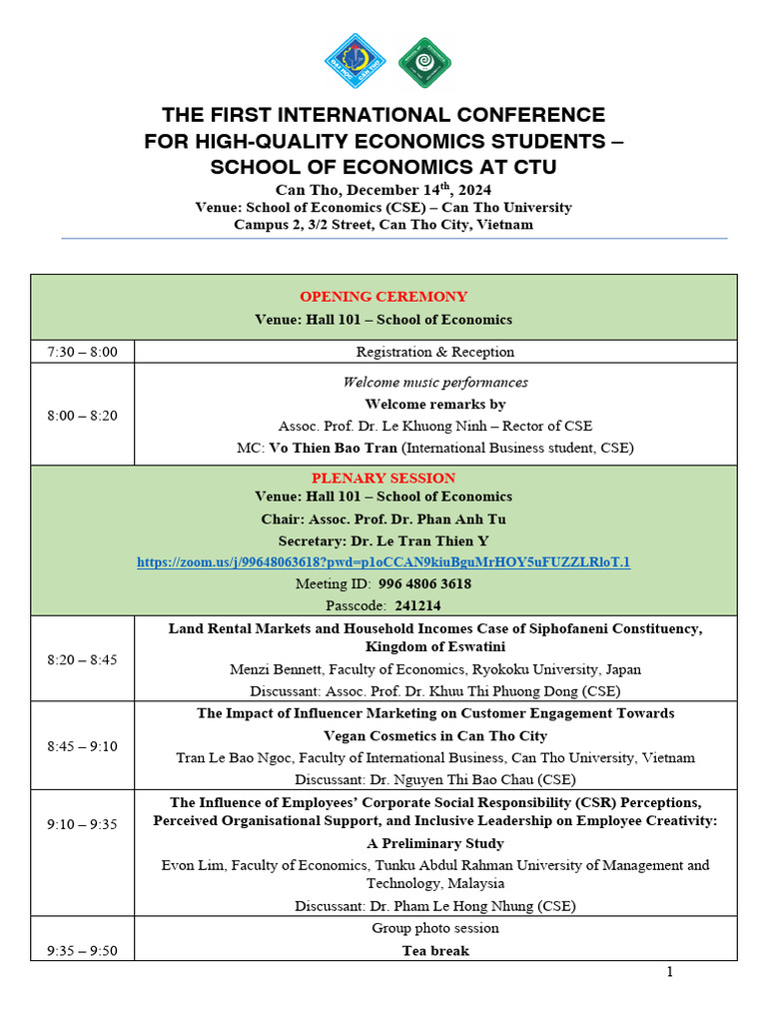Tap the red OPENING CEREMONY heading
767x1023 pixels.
click(383, 297)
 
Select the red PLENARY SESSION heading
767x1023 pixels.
click(383, 479)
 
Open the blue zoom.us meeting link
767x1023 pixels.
click(383, 562)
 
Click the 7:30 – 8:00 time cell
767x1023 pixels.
click(82, 352)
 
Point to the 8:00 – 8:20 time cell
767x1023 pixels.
click(82, 416)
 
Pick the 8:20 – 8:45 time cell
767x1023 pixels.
click(82, 659)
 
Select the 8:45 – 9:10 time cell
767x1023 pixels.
click(82, 745)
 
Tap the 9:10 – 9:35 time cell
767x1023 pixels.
click(82, 824)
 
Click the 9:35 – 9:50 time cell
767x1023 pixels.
click(82, 950)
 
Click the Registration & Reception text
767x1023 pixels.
click(435, 352)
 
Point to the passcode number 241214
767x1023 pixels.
click(417, 605)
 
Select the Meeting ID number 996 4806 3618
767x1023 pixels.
click(425, 583)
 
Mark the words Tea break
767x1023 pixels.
click(435, 950)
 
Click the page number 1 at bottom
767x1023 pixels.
click(670, 972)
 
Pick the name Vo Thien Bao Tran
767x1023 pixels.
click(334, 449)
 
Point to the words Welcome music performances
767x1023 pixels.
click(435, 383)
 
